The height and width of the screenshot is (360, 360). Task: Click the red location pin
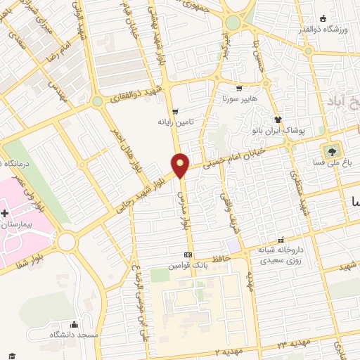point(181,165)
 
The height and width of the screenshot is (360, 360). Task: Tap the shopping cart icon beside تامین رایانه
point(175,111)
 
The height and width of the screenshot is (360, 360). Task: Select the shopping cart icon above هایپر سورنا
point(239,89)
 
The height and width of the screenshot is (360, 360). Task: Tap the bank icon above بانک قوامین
point(188,255)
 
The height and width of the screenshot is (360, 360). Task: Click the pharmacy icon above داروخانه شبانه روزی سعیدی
point(281,239)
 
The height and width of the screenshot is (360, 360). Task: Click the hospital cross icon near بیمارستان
point(4,212)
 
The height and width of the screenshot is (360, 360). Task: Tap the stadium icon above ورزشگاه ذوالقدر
point(323,18)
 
